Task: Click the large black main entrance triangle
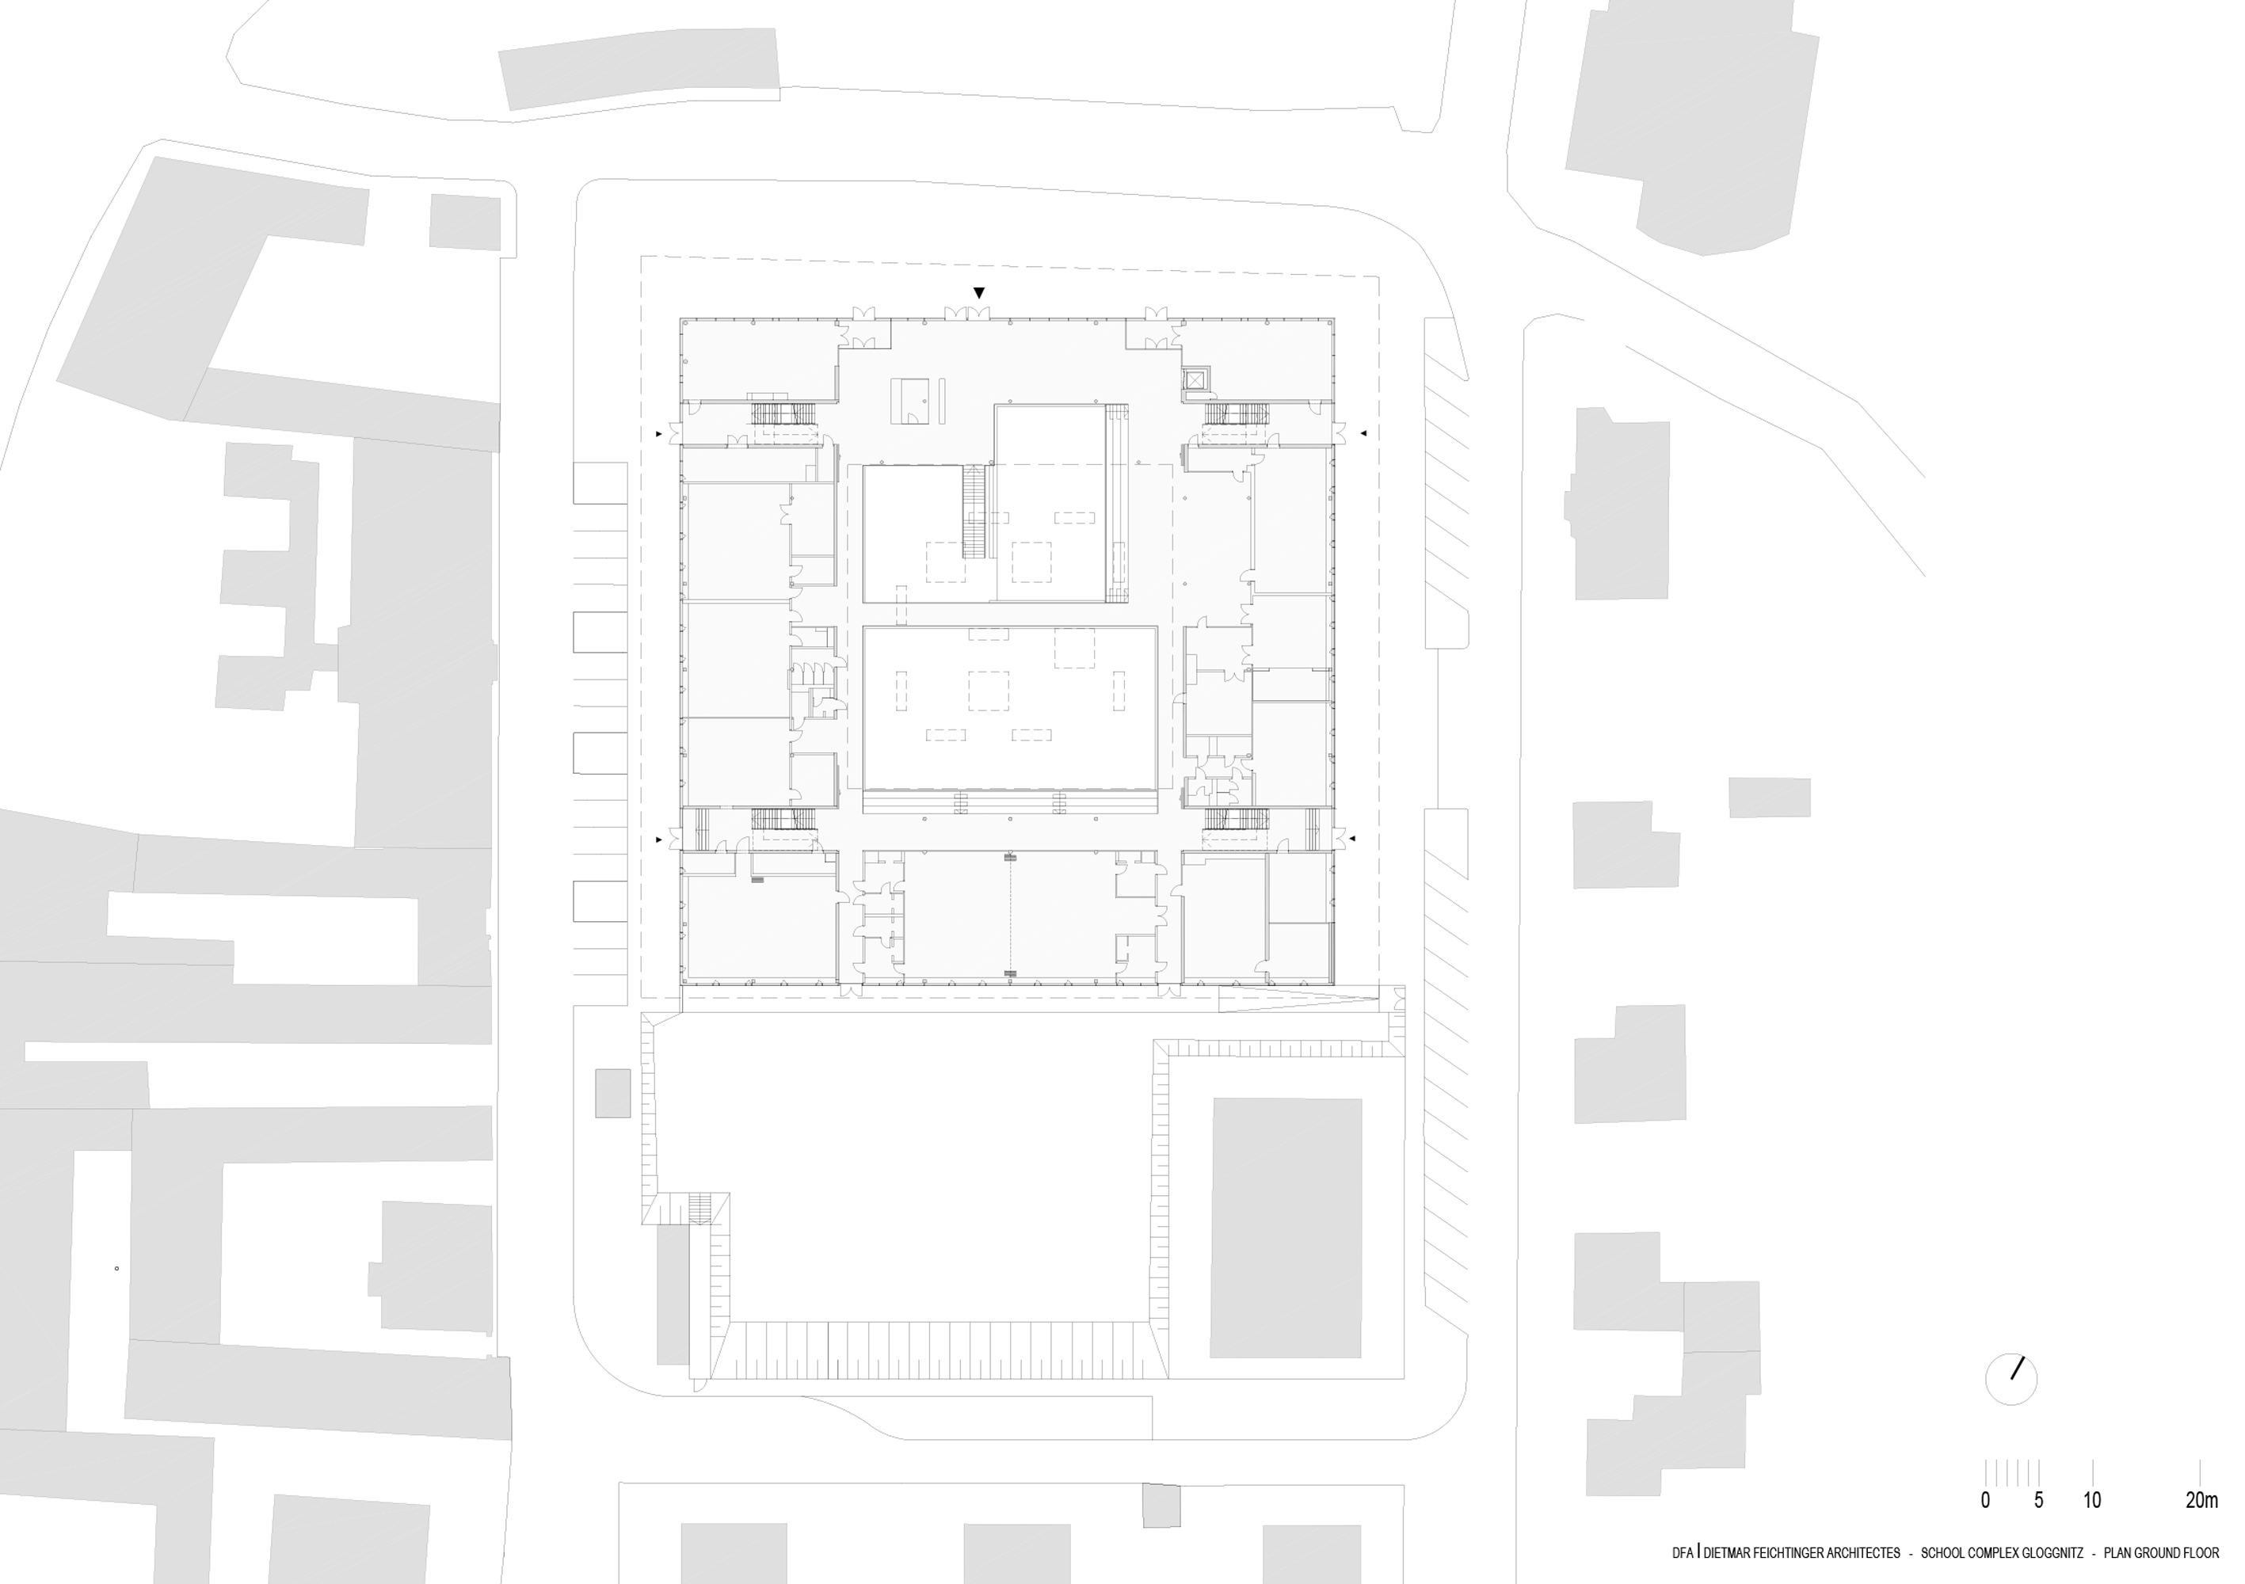tap(979, 292)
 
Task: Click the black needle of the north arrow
tap(2017, 1368)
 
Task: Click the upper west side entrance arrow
tap(659, 432)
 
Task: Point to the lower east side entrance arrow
tap(1352, 838)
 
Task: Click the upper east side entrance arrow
tap(1363, 432)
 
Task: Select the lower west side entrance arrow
tap(659, 839)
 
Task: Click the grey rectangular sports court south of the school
tap(1286, 1227)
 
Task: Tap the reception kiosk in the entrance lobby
tap(909, 401)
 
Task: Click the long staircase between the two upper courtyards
tap(973, 512)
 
